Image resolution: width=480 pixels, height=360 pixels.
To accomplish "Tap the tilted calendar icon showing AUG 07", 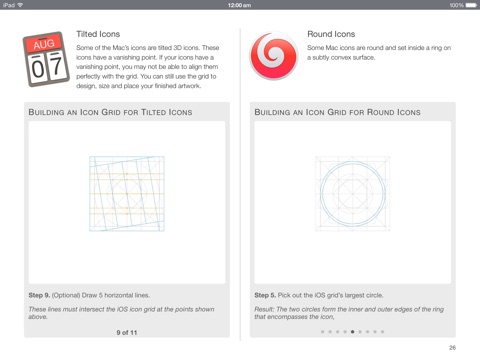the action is (x=46, y=59).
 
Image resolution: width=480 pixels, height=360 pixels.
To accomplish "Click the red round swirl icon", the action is (x=274, y=56).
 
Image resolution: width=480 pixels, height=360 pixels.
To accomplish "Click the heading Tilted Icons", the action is (x=98, y=34).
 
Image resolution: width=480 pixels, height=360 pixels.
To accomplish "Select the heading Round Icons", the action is (x=331, y=34).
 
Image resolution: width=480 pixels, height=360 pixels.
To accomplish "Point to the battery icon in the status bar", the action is (x=471, y=5).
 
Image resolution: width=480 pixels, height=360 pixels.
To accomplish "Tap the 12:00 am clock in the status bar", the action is (x=239, y=5).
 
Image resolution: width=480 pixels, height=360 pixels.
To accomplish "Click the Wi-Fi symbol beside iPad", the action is (x=20, y=5).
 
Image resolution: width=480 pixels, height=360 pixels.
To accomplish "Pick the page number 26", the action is (x=452, y=348).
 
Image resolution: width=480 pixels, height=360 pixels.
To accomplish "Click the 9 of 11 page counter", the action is (x=127, y=332).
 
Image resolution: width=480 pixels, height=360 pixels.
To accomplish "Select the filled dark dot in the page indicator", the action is (x=352, y=332).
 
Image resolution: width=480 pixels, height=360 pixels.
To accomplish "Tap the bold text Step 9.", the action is (x=39, y=295).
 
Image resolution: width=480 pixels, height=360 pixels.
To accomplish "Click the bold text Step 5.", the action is (x=265, y=295).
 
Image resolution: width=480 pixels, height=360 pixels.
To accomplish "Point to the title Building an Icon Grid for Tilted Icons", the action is (x=110, y=112).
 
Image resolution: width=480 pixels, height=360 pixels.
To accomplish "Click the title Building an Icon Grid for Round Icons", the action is (x=337, y=112).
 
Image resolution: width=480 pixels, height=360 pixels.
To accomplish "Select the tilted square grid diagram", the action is (x=127, y=194).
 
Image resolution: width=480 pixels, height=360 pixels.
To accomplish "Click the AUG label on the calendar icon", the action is (x=44, y=44).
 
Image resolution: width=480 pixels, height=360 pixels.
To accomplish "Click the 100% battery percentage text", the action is (x=456, y=5).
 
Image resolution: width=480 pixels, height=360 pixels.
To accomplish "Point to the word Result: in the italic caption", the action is (x=264, y=309).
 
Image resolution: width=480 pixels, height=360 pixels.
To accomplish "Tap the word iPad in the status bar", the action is (x=9, y=5).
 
